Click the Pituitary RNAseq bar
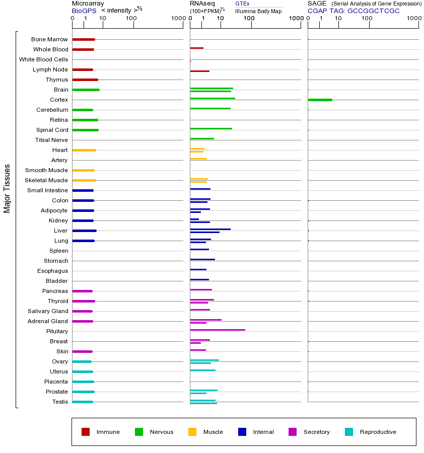(218, 330)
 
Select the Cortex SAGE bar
(320, 100)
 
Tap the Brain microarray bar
(86, 90)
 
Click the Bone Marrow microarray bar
(84, 39)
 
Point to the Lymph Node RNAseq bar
(199, 71)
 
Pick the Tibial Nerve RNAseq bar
(202, 138)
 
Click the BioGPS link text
(84, 11)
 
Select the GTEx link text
(242, 4)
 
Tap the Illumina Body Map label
(258, 11)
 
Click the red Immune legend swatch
(86, 432)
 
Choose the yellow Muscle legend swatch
(192, 432)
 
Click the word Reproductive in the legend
(378, 432)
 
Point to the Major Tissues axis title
(7, 188)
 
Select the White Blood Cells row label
(43, 59)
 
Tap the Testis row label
(60, 402)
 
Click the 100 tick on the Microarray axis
(131, 19)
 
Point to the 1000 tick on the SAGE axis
(413, 19)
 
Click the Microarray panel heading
(88, 4)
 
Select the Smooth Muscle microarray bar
(83, 170)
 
